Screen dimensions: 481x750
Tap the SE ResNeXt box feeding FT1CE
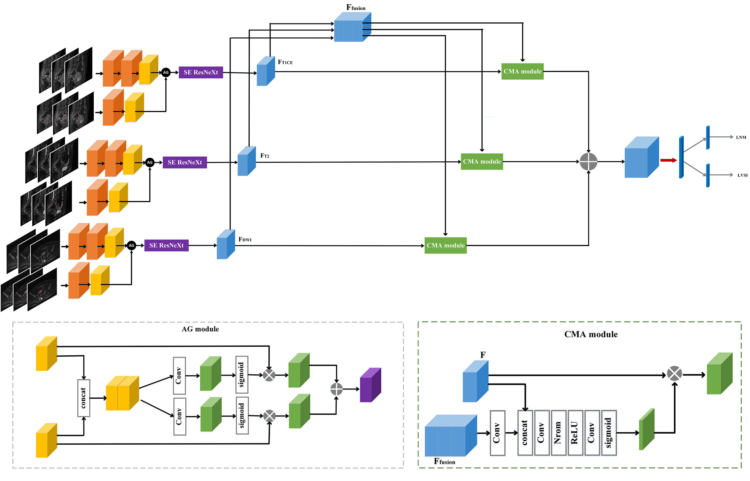pyautogui.click(x=201, y=72)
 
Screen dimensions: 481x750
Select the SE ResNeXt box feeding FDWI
pyautogui.click(x=166, y=245)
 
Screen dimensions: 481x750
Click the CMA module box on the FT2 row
pyautogui.click(x=482, y=161)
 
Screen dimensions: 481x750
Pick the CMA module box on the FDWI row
pyautogui.click(x=445, y=245)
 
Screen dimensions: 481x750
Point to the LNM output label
pyautogui.click(x=741, y=137)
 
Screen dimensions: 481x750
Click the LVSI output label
pyautogui.click(x=742, y=175)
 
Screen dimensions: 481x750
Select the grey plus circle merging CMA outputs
pyautogui.click(x=588, y=161)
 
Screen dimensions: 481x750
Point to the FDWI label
pyautogui.click(x=245, y=240)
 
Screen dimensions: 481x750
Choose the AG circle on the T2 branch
pyautogui.click(x=150, y=162)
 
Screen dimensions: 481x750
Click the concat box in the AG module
pyautogui.click(x=84, y=398)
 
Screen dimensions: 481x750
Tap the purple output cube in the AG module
pyautogui.click(x=370, y=385)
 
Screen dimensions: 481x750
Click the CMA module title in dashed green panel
pyautogui.click(x=591, y=334)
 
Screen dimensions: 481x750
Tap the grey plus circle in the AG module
pyautogui.click(x=336, y=389)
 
